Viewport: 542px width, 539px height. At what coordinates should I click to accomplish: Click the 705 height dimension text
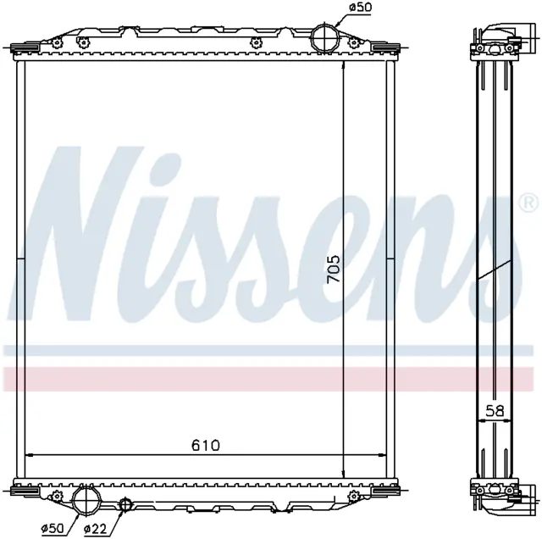tap(334, 269)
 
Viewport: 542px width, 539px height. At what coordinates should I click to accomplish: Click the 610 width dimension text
tap(206, 445)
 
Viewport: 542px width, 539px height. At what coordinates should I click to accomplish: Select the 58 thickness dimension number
tap(495, 411)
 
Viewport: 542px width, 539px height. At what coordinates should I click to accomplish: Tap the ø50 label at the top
tap(361, 8)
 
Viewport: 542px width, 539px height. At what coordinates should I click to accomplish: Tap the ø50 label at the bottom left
tap(53, 528)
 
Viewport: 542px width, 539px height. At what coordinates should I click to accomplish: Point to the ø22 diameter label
tap(95, 528)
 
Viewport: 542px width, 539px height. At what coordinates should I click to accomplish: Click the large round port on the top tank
tap(325, 38)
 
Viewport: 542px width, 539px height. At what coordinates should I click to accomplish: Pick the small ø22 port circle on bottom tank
tap(125, 503)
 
